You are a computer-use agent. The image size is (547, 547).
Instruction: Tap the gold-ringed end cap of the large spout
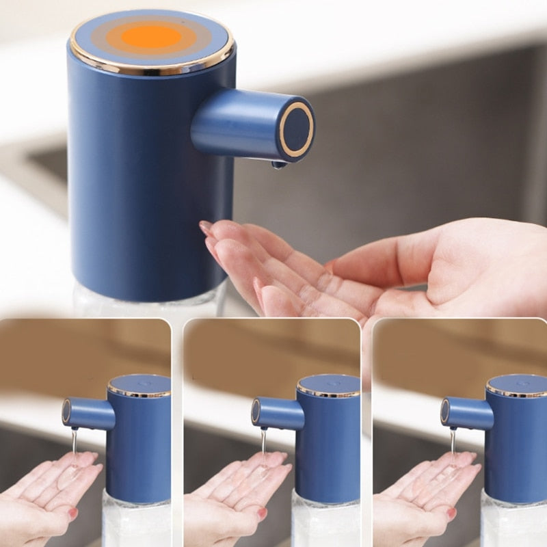(x=296, y=129)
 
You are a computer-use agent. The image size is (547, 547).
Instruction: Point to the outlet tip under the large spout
(x=278, y=164)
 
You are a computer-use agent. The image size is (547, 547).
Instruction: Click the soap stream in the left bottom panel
(x=74, y=444)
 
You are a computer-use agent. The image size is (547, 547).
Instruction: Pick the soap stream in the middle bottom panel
(x=263, y=444)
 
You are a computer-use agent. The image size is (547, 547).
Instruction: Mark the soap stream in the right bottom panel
(x=452, y=444)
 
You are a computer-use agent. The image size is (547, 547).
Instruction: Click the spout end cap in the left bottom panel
(x=66, y=411)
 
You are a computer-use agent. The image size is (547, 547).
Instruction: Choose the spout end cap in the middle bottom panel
(x=255, y=411)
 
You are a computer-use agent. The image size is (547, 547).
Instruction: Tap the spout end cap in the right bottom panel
(x=444, y=411)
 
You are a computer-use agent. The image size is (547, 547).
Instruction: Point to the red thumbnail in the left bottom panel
(x=73, y=513)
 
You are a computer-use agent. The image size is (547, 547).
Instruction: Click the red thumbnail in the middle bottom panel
(x=262, y=513)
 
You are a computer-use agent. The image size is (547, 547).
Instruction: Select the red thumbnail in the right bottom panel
(x=451, y=513)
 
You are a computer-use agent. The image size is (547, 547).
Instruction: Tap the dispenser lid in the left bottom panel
(x=139, y=384)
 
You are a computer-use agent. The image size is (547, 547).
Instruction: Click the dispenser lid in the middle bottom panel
(x=328, y=384)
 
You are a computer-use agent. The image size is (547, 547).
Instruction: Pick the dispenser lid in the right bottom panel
(x=517, y=384)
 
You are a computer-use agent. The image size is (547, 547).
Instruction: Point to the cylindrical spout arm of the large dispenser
(x=232, y=123)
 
